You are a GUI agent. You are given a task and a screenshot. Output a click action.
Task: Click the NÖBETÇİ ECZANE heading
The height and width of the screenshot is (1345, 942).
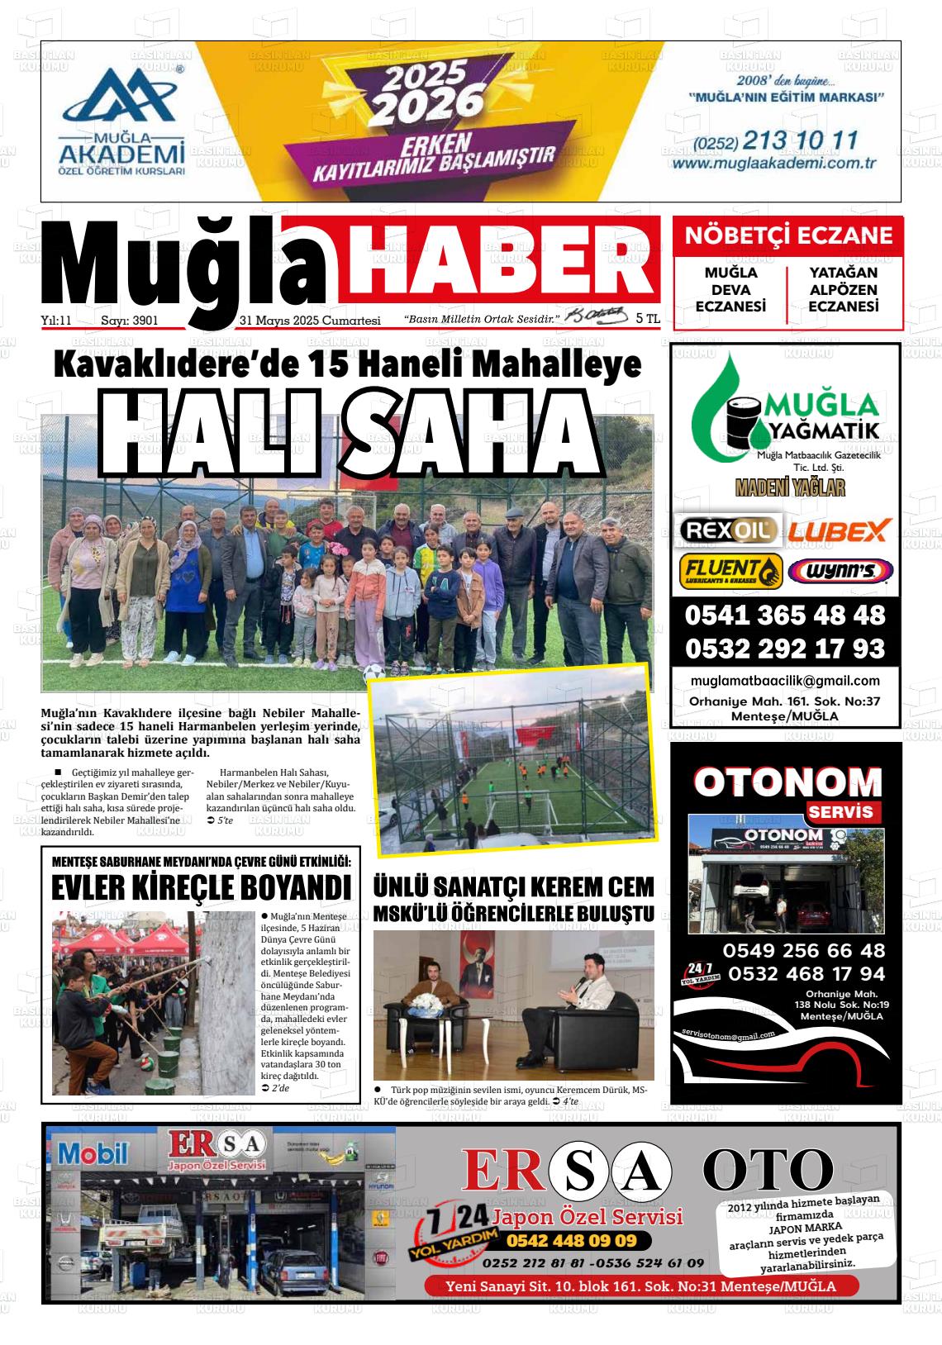pyautogui.click(x=788, y=236)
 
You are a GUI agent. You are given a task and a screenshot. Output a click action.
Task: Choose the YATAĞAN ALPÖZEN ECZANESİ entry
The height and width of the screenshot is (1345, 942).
pyautogui.click(x=843, y=290)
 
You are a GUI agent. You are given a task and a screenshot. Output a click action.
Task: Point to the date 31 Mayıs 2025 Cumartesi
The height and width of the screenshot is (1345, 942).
pyautogui.click(x=309, y=321)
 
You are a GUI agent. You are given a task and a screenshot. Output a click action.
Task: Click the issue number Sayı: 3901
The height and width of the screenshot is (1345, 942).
pyautogui.click(x=129, y=321)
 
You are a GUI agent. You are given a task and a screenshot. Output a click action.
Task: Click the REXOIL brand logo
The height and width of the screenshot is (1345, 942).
pyautogui.click(x=727, y=530)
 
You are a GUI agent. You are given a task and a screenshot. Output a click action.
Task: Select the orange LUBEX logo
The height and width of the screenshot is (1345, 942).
pyautogui.click(x=838, y=530)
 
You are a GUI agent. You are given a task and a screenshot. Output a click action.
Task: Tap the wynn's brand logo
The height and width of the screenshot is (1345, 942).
pyautogui.click(x=840, y=571)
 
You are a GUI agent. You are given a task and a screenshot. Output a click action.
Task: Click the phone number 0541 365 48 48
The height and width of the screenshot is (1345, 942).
pyautogui.click(x=784, y=615)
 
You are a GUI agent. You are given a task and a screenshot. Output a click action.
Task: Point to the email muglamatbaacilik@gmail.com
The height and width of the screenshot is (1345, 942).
pyautogui.click(x=784, y=681)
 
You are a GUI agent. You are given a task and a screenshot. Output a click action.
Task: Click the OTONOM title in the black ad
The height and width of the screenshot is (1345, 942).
pyautogui.click(x=787, y=782)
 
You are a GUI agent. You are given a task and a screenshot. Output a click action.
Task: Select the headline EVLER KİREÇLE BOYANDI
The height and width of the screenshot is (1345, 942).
pyautogui.click(x=201, y=888)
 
